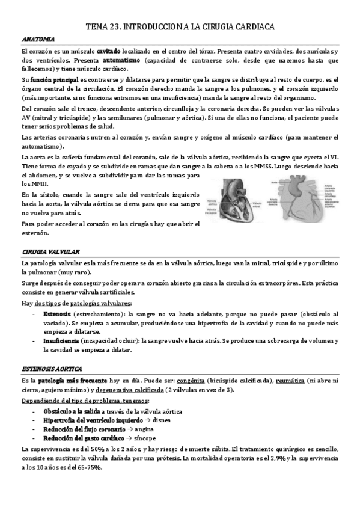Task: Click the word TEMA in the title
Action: pos(97,27)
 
